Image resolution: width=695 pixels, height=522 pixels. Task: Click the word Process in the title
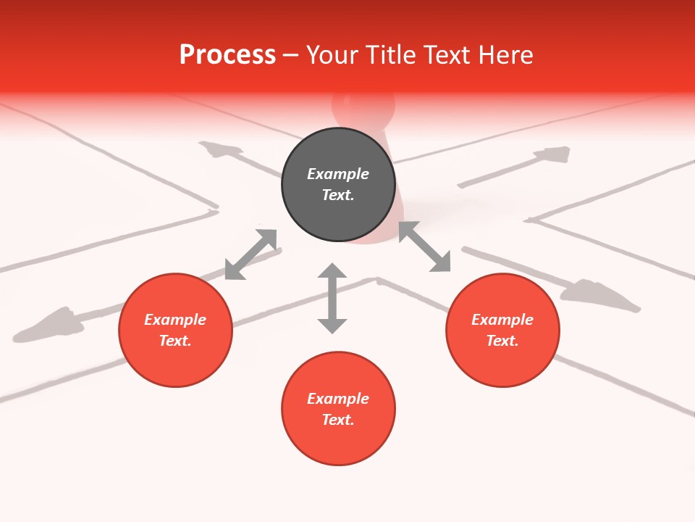(227, 55)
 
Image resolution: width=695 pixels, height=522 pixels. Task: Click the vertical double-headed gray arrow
(332, 298)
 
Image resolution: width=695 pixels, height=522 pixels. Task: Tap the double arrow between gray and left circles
(251, 254)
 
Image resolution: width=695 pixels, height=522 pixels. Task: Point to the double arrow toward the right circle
(425, 246)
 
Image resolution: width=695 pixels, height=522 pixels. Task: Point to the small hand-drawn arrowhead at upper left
(222, 151)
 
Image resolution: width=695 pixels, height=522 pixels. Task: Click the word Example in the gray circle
(338, 174)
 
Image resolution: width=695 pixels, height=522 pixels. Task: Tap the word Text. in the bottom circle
(338, 420)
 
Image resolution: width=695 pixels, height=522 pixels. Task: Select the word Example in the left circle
(175, 320)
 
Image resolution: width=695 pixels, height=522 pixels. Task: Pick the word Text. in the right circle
(502, 341)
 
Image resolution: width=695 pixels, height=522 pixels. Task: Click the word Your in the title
(327, 55)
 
